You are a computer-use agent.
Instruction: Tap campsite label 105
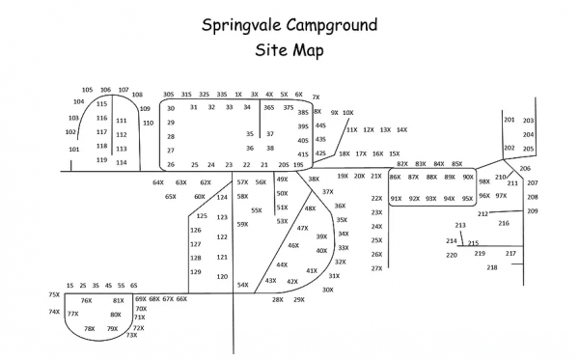87,90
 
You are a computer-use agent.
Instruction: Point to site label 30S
169,95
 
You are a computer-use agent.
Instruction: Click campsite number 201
509,120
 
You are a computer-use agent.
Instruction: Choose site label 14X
401,129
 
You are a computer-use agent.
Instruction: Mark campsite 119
101,159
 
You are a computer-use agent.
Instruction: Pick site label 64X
158,182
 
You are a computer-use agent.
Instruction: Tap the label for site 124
222,197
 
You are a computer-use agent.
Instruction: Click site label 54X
242,285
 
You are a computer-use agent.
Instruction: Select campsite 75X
54,294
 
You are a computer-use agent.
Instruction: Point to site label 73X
131,335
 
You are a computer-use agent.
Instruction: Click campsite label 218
492,267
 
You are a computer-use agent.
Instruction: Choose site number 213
459,225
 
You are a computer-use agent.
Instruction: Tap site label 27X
376,268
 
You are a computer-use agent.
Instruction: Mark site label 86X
395,178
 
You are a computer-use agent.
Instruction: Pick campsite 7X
316,97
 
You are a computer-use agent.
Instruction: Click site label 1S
69,286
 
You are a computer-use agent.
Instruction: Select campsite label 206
525,168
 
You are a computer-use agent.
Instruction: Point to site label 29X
299,299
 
